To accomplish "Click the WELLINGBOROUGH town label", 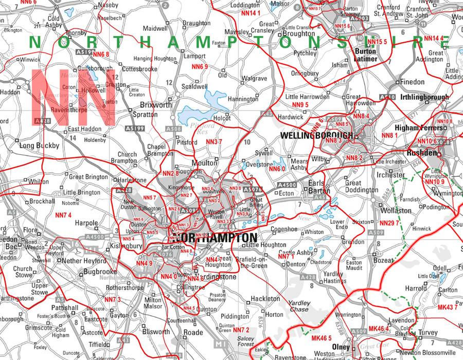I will pos(316,135).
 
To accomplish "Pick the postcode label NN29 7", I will pos(389,223).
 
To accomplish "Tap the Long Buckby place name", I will pos(39,146).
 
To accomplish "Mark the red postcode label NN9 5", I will pos(300,105).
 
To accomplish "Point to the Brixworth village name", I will pos(141,104).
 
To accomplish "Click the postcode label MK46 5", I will pos(321,338).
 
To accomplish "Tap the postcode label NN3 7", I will pos(214,141).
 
